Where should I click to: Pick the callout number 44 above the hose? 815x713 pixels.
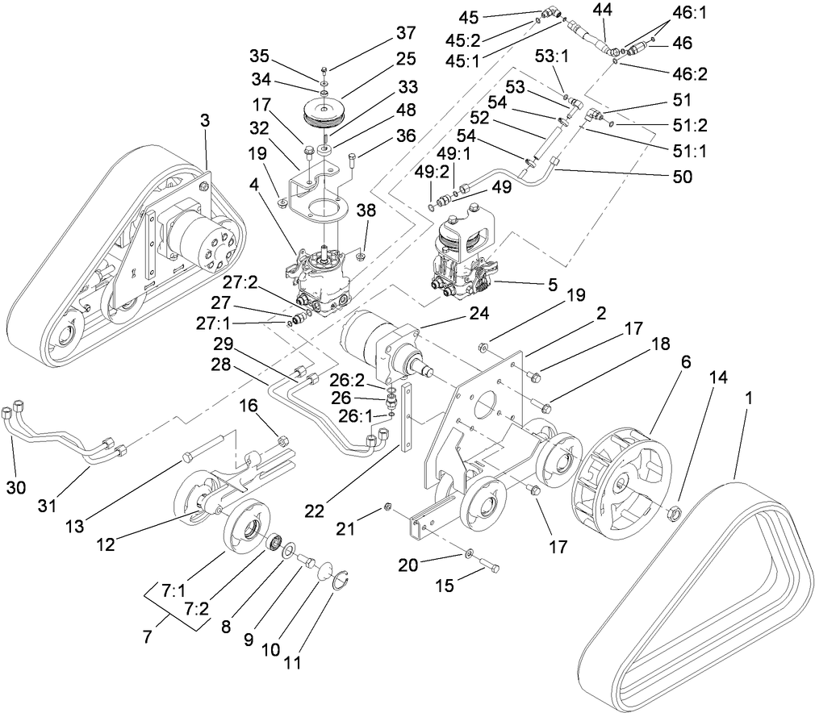point(602,10)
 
